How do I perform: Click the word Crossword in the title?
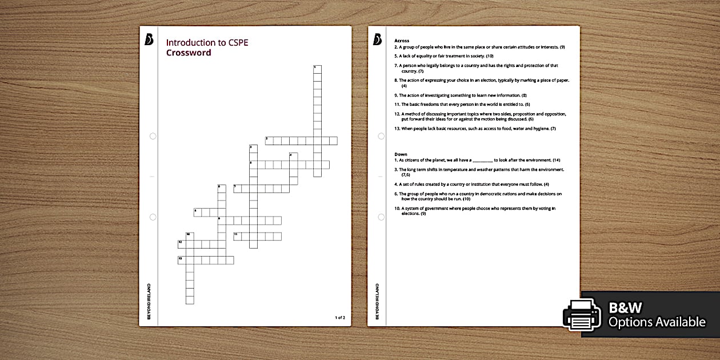(x=189, y=53)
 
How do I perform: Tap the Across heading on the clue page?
(x=402, y=41)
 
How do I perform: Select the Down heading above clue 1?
(x=401, y=154)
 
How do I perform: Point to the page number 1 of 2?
(x=340, y=317)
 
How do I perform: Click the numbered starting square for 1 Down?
(x=317, y=69)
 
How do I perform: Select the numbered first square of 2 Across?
(x=269, y=141)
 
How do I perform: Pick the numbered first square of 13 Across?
(x=182, y=260)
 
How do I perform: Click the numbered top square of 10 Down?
(x=190, y=236)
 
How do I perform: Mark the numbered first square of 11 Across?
(x=237, y=236)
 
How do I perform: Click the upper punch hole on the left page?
(x=153, y=136)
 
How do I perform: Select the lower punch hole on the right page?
(x=381, y=217)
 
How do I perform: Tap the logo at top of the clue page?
(x=377, y=39)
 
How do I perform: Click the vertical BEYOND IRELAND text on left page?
(x=149, y=301)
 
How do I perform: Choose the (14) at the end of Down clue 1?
(x=556, y=160)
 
